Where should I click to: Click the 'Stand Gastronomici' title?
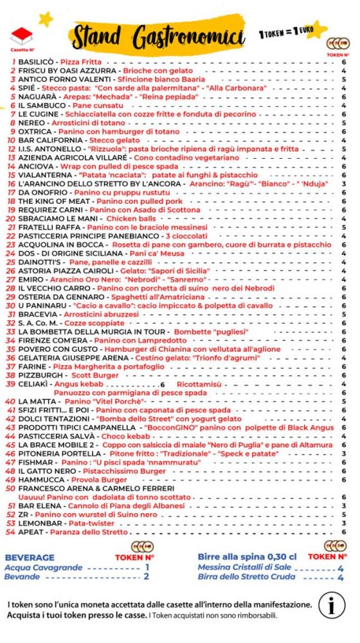[158, 35]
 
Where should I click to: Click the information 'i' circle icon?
[332, 606]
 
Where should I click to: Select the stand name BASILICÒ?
[37, 62]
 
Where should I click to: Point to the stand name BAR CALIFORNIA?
[50, 140]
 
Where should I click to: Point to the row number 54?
[10, 532]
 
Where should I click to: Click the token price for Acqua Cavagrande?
[147, 567]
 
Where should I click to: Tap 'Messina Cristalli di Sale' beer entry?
[244, 567]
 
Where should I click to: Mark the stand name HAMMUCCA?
[42, 480]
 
